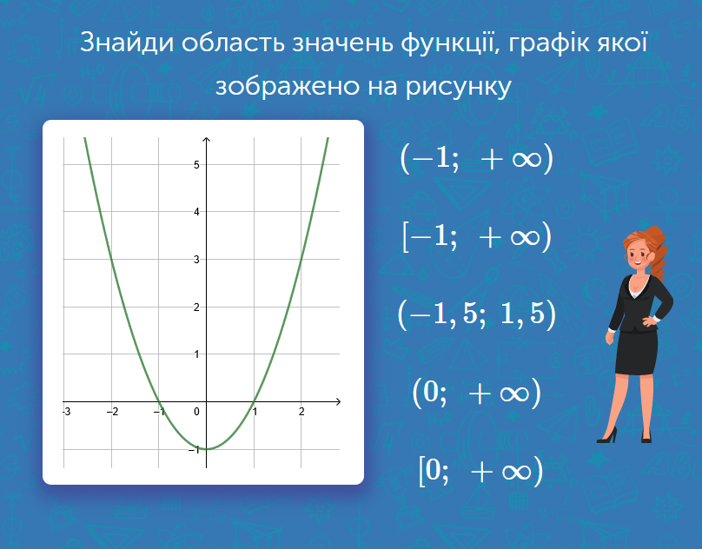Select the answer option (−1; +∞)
[x=477, y=158]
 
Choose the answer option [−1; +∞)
[x=477, y=236]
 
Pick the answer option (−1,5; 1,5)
[x=477, y=314]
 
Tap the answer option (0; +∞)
[x=477, y=393]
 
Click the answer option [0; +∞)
[x=480, y=471]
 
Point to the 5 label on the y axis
[x=196, y=165]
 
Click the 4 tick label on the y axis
[x=196, y=212]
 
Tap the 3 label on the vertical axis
[x=196, y=259]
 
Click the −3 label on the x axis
[x=67, y=412]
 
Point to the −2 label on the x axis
[x=113, y=412]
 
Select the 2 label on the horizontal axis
[x=301, y=412]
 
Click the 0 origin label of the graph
[x=196, y=412]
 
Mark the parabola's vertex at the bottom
[x=207, y=449]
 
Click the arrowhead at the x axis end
[x=338, y=401]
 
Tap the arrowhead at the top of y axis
[x=207, y=140]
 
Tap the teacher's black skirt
[x=636, y=353]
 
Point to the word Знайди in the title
[x=127, y=43]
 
